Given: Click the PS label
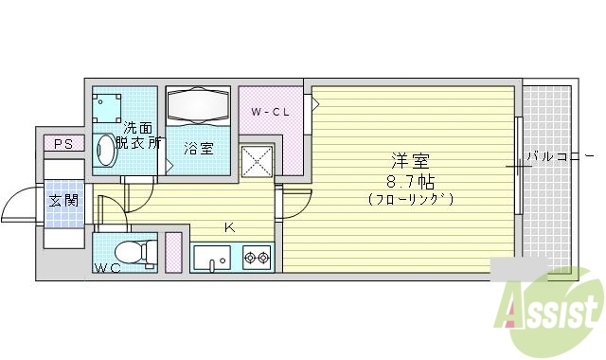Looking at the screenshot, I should coord(63,144).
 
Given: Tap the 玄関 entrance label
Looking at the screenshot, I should coord(63,201).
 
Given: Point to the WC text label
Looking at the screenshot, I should coord(106,267).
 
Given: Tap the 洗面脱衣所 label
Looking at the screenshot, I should coord(138,135).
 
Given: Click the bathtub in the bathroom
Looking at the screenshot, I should coord(199,106).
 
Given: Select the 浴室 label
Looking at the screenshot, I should coord(199,149).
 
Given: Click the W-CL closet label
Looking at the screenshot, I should coord(270,113).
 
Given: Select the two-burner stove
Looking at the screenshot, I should coord(257,256).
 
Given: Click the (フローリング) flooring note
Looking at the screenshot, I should coord(411,199).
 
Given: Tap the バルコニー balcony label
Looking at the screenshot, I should coord(561,155).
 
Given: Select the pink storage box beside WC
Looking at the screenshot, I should coord(174,251).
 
